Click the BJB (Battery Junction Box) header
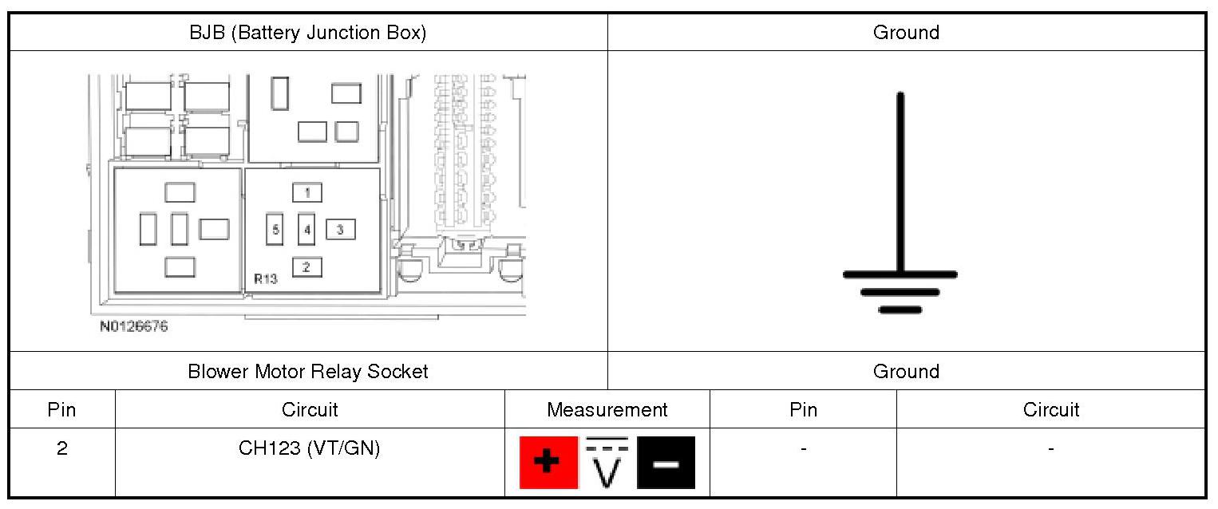pyautogui.click(x=307, y=33)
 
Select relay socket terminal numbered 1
pyautogui.click(x=307, y=192)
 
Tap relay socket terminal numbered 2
pyautogui.click(x=307, y=267)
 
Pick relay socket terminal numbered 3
pyautogui.click(x=341, y=230)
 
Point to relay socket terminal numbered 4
pyautogui.click(x=307, y=230)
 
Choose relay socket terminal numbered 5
pyautogui.click(x=275, y=230)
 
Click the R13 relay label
pyautogui.click(x=266, y=279)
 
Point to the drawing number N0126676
pyautogui.click(x=134, y=326)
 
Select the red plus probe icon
pyautogui.click(x=548, y=463)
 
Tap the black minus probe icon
pyautogui.click(x=666, y=463)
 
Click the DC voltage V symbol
pyautogui.click(x=607, y=463)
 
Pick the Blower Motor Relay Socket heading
pyautogui.click(x=307, y=371)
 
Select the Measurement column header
pyautogui.click(x=607, y=410)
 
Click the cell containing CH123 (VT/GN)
pyautogui.click(x=309, y=448)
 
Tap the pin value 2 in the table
pyautogui.click(x=62, y=448)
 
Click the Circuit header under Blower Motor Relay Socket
pyautogui.click(x=309, y=410)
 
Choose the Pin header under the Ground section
pyautogui.click(x=803, y=410)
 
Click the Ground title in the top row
pyautogui.click(x=906, y=33)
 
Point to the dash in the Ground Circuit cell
pyautogui.click(x=1050, y=448)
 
